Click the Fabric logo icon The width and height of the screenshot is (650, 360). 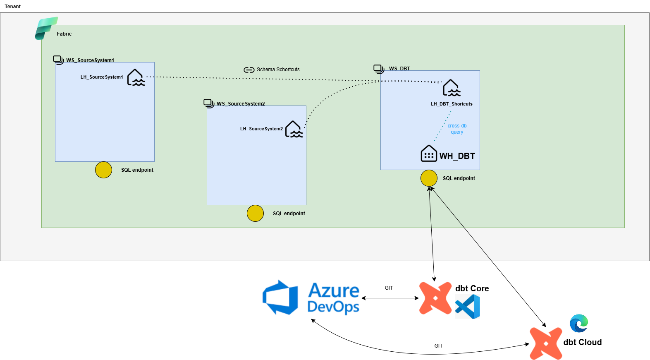46,28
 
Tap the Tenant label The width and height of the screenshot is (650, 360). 13,7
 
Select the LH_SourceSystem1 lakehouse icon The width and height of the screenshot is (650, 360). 136,77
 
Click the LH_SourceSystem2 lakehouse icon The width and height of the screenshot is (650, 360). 294,129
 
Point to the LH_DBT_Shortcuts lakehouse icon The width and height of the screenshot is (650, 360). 452,88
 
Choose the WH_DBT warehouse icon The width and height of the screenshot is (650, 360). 429,154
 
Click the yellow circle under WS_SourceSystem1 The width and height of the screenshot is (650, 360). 103,170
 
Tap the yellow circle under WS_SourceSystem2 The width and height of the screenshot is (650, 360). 255,214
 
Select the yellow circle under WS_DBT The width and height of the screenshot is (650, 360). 429,178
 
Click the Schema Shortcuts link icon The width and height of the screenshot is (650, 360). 249,70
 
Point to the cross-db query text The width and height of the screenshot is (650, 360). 457,129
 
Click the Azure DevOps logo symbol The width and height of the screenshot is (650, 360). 280,298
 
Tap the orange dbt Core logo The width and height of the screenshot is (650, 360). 435,298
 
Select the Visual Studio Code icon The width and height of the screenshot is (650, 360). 468,307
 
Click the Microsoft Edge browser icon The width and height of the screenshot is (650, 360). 578,323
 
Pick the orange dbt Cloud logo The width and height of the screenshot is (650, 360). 546,343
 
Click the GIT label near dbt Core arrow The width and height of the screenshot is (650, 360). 389,288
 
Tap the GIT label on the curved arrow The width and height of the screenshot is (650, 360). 438,346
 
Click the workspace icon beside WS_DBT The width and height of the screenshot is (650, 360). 379,69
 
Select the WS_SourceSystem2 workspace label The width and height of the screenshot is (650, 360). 241,104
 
